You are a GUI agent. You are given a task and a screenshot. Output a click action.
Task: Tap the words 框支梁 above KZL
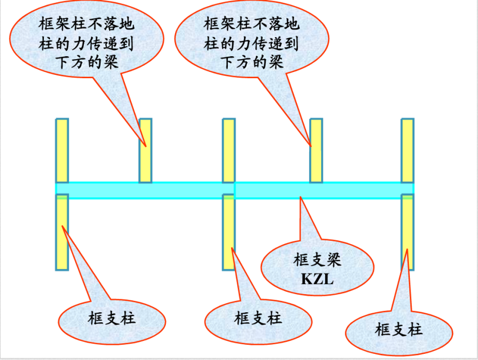pyautogui.click(x=317, y=260)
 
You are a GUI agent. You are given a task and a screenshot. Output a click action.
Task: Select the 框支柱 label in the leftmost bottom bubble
pyautogui.click(x=112, y=318)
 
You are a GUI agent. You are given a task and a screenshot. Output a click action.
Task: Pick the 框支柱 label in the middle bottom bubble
pyautogui.click(x=258, y=318)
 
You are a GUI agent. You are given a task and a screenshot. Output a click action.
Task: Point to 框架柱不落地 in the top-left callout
pyautogui.click(x=87, y=24)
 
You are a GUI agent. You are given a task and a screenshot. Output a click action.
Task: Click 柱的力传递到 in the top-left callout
pyautogui.click(x=87, y=43)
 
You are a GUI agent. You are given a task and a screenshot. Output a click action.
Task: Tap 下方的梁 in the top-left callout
pyautogui.click(x=87, y=62)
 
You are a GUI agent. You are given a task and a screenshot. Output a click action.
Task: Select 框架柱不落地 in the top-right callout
pyautogui.click(x=251, y=24)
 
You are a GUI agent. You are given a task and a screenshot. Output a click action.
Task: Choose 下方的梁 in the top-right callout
pyautogui.click(x=251, y=62)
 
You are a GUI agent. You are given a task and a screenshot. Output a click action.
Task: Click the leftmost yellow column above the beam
pyautogui.click(x=62, y=150)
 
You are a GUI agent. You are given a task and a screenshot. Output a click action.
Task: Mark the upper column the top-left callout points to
pyautogui.click(x=146, y=150)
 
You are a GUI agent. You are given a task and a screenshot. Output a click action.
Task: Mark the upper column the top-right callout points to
pyautogui.click(x=317, y=150)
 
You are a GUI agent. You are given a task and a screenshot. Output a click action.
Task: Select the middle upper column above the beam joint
pyautogui.click(x=229, y=150)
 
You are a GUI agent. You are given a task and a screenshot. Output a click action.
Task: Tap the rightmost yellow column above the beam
pyautogui.click(x=407, y=150)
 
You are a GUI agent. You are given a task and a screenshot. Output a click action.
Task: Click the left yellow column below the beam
pyautogui.click(x=62, y=232)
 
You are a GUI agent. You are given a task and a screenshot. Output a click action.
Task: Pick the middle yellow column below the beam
pyautogui.click(x=229, y=232)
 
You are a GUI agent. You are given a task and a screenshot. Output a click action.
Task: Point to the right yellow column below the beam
pyautogui.click(x=407, y=232)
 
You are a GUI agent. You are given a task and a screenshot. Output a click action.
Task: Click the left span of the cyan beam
pyautogui.click(x=145, y=190)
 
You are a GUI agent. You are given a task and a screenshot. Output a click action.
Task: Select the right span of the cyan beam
pyautogui.click(x=324, y=190)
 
